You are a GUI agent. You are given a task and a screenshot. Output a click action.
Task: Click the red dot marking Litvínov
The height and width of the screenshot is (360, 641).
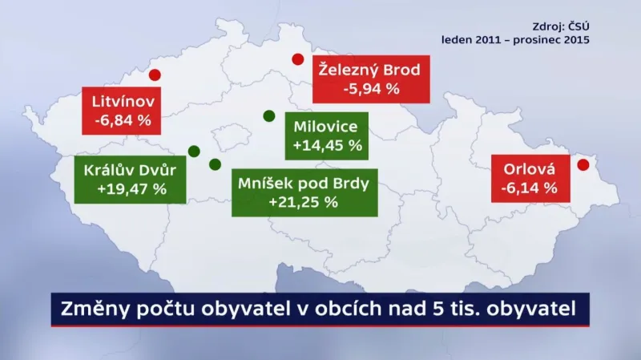pos(155,75)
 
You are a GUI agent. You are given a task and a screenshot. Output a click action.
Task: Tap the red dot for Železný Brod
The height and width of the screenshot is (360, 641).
pos(297,59)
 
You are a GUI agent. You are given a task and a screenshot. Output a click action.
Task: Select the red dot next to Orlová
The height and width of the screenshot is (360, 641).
pos(583,165)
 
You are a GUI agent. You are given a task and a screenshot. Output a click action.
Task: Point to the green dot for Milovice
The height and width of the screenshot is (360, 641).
pos(268,115)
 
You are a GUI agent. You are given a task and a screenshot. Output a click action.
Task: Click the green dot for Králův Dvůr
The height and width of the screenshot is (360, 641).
pos(193,151)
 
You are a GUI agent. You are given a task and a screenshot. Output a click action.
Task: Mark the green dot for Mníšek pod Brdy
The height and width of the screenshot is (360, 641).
pos(214,164)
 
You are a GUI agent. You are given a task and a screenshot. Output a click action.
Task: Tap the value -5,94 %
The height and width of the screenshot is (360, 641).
pos(371,88)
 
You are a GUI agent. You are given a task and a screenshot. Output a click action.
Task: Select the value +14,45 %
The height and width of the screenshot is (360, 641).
pos(328,146)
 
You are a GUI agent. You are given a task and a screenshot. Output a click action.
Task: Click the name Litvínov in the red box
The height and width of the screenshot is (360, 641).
pos(123,103)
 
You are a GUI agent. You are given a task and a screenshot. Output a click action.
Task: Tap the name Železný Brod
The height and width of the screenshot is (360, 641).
pos(370,69)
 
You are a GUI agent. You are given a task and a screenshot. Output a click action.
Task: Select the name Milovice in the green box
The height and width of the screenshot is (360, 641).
pos(327,127)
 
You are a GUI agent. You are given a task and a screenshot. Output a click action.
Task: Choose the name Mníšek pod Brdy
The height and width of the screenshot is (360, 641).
pos(304,183)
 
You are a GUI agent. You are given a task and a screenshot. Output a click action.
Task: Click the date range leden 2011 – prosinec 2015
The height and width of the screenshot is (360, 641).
pos(514,38)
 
